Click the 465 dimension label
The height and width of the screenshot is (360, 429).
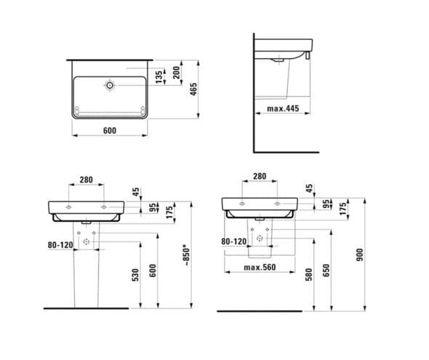(193, 89)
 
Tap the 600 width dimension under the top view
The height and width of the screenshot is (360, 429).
(110, 130)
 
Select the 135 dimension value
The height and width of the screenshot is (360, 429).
(159, 77)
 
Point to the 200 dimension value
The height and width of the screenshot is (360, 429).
(177, 73)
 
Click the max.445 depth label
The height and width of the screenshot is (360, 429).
(283, 108)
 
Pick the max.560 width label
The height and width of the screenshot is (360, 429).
(260, 267)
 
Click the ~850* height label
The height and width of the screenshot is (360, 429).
(186, 256)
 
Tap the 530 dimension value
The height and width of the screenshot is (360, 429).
(135, 275)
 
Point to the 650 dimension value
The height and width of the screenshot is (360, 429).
(326, 271)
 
